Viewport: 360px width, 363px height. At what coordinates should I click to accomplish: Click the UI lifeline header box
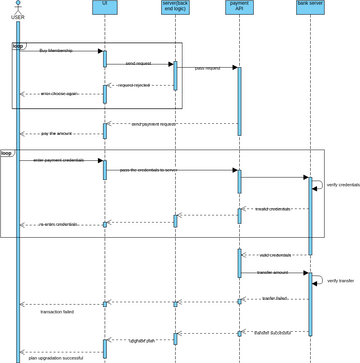105,8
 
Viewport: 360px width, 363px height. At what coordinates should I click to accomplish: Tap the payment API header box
239,8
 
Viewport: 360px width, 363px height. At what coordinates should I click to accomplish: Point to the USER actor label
17,17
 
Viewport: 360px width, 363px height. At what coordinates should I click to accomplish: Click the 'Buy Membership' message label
56,49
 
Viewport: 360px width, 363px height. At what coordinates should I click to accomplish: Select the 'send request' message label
140,62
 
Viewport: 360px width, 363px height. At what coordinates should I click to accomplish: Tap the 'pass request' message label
207,68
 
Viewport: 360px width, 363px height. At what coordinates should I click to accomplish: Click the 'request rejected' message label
134,85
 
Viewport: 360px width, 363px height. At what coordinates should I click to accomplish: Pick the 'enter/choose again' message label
58,93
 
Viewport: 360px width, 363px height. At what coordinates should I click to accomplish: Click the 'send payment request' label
153,125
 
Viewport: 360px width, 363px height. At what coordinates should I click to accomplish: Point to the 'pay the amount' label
57,133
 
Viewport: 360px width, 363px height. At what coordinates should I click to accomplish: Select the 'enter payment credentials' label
58,159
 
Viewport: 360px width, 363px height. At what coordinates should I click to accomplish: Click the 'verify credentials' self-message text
343,185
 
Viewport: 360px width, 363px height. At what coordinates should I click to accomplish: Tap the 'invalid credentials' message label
272,209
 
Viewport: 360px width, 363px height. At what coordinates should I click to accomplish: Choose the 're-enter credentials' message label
58,224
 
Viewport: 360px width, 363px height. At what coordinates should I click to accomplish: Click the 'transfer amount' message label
272,272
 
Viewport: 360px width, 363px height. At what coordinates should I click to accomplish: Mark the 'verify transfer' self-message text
340,281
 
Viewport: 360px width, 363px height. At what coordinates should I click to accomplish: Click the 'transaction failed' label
57,312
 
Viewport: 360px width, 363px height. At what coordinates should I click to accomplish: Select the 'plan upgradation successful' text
56,357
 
